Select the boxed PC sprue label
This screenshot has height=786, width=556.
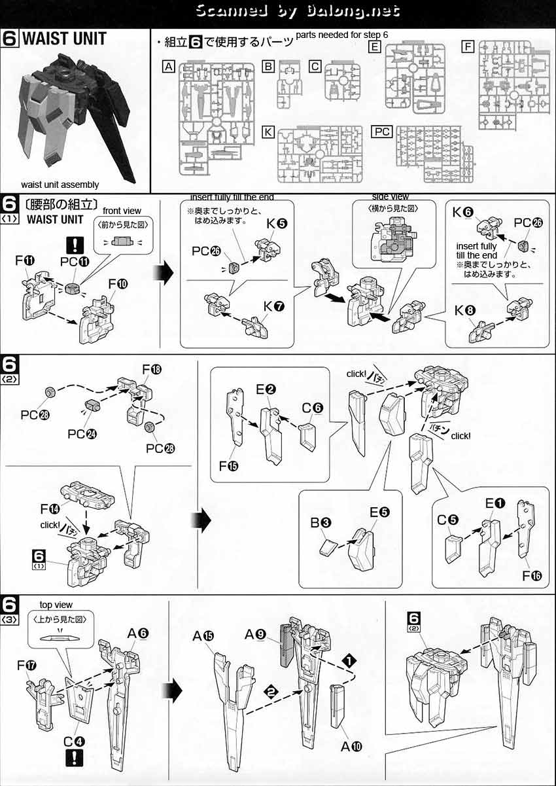coord(382,132)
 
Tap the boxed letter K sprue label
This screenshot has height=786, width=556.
coord(268,132)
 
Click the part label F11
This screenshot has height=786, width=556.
coord(26,261)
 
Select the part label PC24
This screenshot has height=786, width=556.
coord(78,434)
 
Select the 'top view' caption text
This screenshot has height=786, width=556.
coord(56,605)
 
